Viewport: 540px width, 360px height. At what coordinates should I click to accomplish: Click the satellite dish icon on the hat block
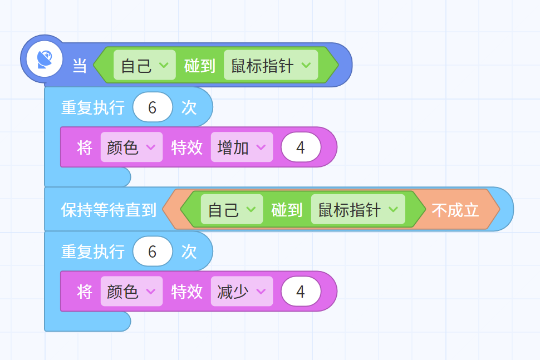[45, 59]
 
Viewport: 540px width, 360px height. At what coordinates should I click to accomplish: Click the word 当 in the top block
[80, 66]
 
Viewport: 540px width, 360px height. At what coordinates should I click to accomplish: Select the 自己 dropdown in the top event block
[145, 65]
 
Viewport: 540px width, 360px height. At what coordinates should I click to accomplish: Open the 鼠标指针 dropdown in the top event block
[271, 65]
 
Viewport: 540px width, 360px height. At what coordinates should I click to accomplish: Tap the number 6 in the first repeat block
[153, 107]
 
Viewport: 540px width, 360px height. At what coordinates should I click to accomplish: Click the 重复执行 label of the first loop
[93, 107]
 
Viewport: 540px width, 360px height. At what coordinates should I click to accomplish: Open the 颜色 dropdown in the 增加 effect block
[131, 147]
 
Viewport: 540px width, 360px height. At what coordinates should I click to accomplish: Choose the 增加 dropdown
[242, 147]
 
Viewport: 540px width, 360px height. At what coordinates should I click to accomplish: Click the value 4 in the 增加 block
[301, 147]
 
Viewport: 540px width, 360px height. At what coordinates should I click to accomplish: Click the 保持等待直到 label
[109, 210]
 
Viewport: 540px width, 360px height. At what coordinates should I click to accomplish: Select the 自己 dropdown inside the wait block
[232, 210]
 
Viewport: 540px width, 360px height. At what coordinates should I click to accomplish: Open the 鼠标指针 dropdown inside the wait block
[358, 210]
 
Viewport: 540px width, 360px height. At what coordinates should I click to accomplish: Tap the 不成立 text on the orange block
[455, 210]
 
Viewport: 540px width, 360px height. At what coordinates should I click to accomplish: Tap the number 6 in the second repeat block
[153, 251]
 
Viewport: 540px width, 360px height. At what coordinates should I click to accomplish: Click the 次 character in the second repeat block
[189, 251]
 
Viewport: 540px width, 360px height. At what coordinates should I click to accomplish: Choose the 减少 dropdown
[242, 292]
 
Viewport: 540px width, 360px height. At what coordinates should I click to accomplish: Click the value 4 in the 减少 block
[301, 292]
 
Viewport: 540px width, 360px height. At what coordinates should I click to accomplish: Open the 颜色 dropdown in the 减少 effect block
[131, 292]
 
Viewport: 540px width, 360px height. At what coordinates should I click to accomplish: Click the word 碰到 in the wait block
[287, 210]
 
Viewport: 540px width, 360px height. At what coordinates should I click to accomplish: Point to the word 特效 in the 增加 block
[187, 147]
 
